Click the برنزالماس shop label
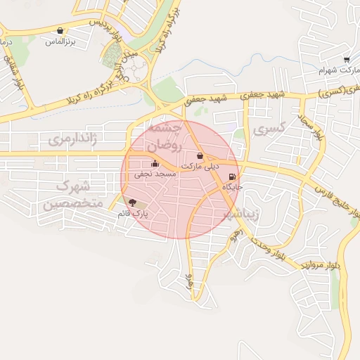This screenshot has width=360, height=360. tap(60, 42)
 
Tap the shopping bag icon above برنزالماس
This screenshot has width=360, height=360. tap(60, 31)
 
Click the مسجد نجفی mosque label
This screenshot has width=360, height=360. tap(153, 172)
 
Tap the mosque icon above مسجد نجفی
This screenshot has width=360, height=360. tap(155, 163)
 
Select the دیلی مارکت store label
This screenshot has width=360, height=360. tap(201, 166)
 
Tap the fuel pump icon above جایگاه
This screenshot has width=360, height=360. tap(233, 177)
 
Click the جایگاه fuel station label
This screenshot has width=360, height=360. tap(233, 187)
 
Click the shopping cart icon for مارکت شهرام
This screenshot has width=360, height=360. tap(347, 60)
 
